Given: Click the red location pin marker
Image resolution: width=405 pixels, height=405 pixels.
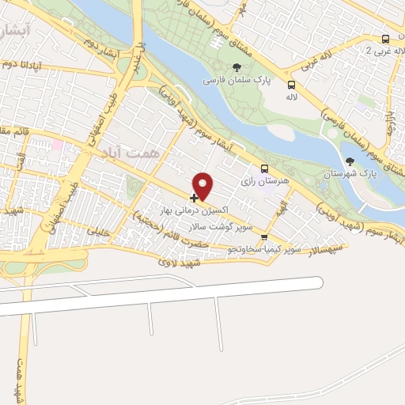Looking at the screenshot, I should click(203, 185).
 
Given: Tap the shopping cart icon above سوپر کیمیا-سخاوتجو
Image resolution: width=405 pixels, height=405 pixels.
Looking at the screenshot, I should click(264, 237).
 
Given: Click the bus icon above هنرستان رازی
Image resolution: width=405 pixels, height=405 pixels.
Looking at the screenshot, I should click(265, 168).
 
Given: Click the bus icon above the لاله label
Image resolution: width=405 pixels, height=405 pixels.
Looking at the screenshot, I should click(291, 85).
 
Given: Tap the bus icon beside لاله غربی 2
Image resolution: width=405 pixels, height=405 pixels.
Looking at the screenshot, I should click(385, 39).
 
